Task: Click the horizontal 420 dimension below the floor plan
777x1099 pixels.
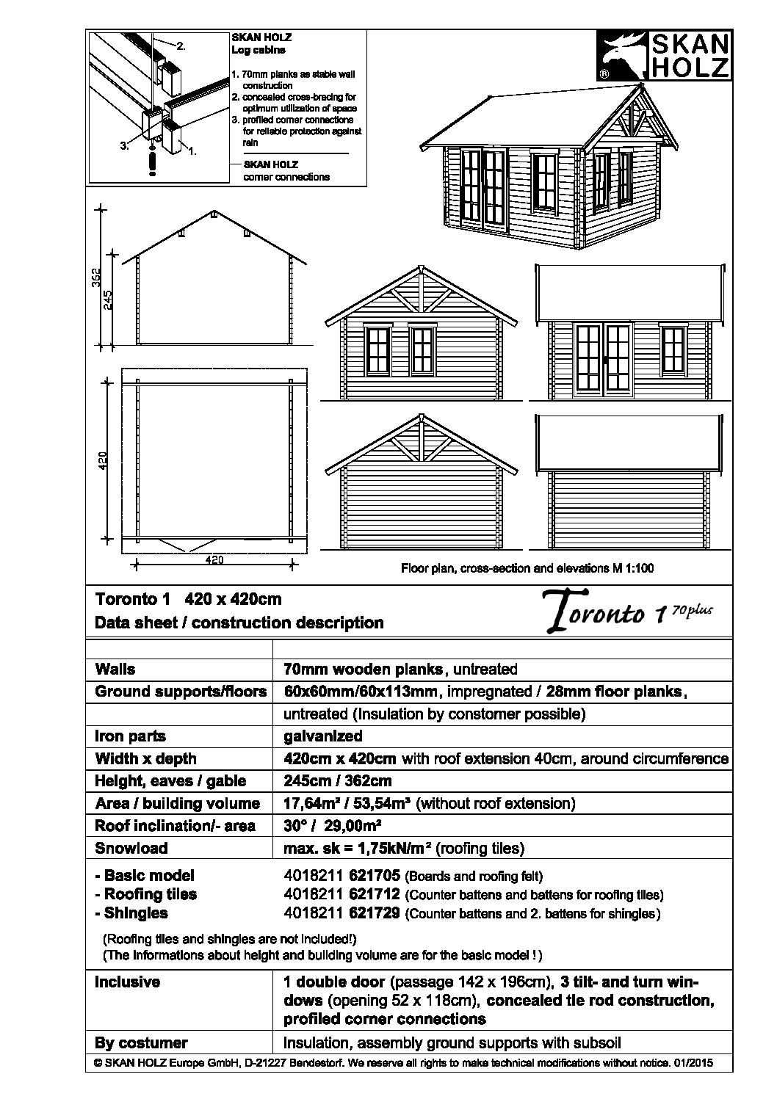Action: tap(214, 560)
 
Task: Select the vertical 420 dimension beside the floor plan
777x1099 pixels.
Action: tap(103, 460)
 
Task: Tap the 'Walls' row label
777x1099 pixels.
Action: tap(115, 670)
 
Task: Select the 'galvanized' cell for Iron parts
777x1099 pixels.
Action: tap(322, 736)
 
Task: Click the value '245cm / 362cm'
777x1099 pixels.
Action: tap(337, 781)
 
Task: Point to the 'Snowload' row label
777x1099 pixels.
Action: tap(131, 848)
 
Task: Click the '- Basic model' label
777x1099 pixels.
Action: tap(145, 876)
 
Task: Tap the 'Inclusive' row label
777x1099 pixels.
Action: tap(127, 982)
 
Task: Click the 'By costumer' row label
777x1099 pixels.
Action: tap(141, 1043)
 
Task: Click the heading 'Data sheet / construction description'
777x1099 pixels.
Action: tap(239, 623)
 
